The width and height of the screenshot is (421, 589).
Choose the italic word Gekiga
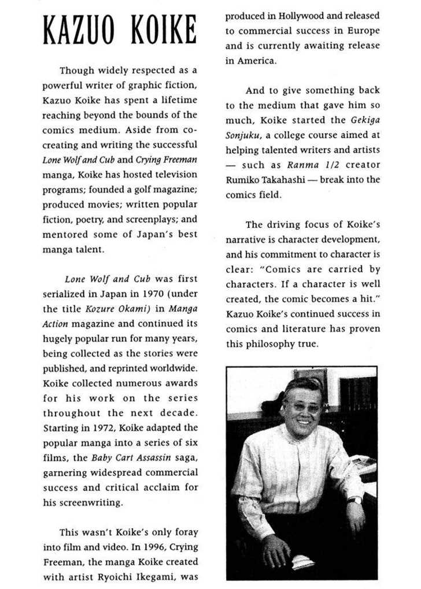364,120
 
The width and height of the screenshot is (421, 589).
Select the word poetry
97,220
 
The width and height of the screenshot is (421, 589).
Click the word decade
175,413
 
